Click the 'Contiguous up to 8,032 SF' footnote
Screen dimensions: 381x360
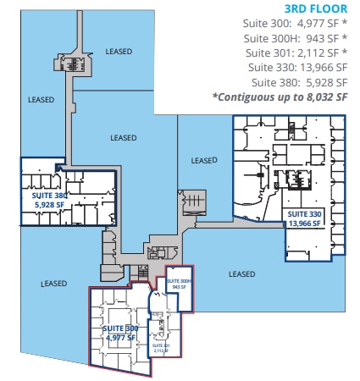280,97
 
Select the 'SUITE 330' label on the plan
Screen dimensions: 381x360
303,214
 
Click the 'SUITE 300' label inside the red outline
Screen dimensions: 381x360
120,328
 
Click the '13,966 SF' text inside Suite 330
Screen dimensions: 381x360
303,224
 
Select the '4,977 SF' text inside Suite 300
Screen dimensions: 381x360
120,337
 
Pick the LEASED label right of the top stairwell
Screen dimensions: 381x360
119,52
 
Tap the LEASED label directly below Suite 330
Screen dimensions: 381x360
242,273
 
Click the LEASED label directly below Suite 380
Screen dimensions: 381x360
53,284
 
